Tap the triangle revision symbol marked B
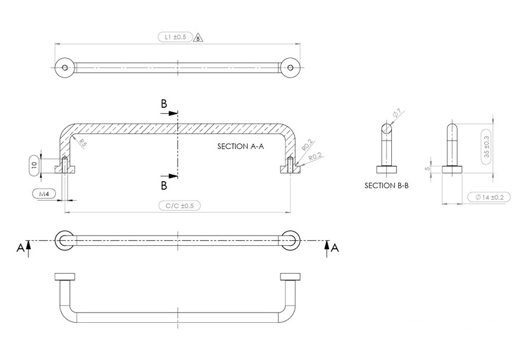click(199, 37)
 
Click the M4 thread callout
click(44, 194)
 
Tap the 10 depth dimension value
click(34, 164)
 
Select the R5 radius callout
click(83, 143)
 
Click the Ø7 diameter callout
click(397, 112)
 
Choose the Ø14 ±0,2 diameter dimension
click(485, 197)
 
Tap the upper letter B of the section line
click(164, 103)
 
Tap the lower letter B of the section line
click(164, 185)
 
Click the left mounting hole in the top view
click(65, 67)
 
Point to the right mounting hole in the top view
click(290, 67)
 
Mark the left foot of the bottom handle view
click(64, 277)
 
